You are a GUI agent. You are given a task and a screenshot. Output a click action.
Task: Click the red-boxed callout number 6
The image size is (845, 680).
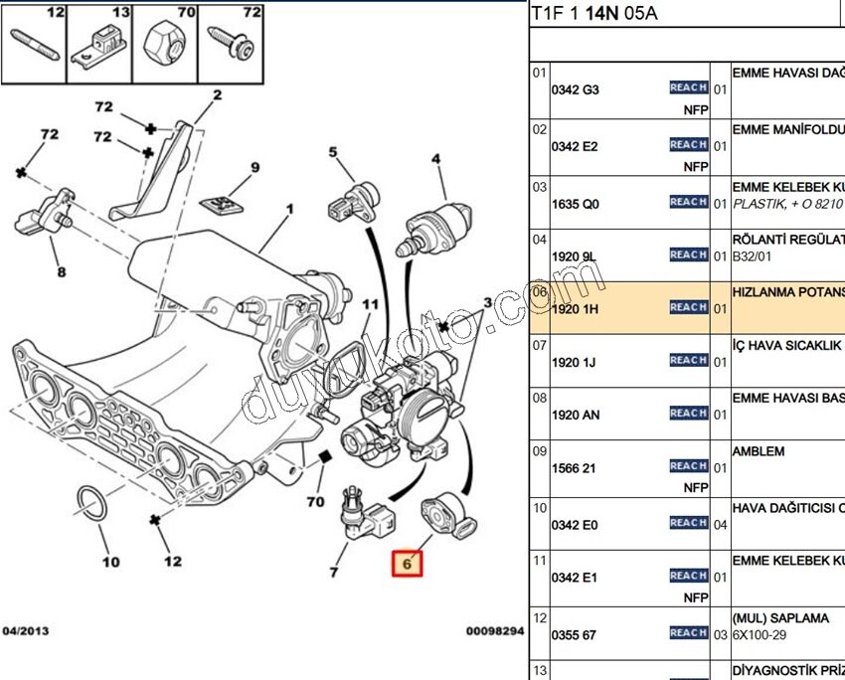407,564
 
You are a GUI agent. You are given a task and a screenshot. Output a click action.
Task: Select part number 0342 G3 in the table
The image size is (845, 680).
576,89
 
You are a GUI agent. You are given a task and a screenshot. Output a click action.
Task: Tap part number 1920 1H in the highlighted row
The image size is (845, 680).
576,309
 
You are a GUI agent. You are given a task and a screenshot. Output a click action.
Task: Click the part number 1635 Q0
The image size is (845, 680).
576,204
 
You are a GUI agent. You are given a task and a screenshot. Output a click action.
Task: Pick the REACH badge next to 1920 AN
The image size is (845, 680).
688,413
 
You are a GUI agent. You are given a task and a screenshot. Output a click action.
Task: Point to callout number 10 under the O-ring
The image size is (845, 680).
110,562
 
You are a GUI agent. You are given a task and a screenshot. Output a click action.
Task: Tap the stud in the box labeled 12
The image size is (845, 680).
35,44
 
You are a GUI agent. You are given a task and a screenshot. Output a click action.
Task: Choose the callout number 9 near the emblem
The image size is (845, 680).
254,167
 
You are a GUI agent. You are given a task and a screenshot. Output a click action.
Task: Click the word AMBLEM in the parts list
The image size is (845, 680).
758,451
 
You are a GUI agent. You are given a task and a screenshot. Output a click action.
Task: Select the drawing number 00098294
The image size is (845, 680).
494,631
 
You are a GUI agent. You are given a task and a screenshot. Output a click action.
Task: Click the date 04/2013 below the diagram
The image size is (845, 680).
26,631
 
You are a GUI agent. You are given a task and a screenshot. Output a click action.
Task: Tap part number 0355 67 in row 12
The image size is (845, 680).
574,635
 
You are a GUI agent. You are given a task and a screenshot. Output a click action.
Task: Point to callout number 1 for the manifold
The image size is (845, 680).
290,210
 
